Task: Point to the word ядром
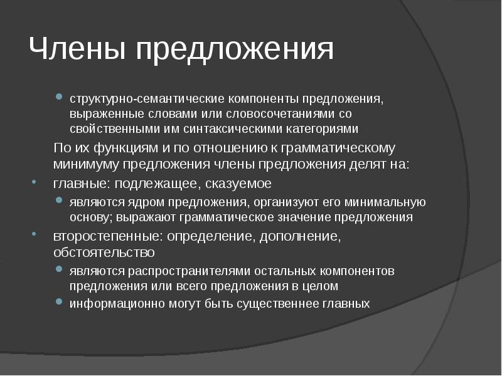pos(138,202)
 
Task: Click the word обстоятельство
pos(104,253)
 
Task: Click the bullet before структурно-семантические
pos(58,98)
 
